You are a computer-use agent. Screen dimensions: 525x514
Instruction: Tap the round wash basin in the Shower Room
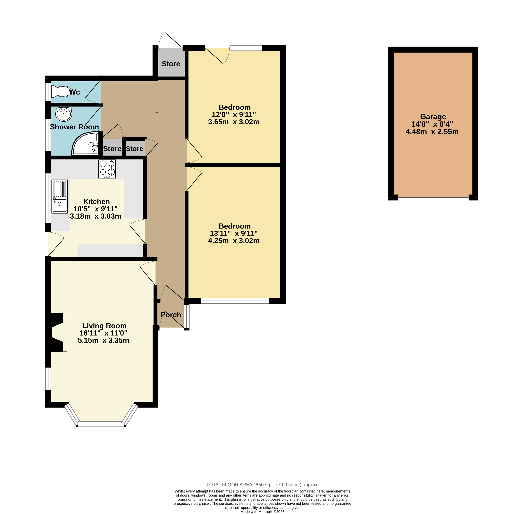(x=64, y=114)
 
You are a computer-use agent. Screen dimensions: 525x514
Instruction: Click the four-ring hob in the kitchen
(x=107, y=169)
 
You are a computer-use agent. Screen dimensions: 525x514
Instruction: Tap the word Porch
(x=171, y=315)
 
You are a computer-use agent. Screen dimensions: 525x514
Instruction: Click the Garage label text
(x=433, y=117)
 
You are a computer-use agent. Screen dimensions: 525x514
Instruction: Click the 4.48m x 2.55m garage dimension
(x=432, y=132)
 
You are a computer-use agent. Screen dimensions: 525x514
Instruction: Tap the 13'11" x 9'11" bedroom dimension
(x=234, y=233)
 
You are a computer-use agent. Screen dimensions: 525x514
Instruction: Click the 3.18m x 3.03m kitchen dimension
(x=96, y=216)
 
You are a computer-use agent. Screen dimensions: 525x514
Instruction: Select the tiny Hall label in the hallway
(x=157, y=112)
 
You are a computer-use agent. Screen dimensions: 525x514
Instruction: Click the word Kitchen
(x=96, y=202)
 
